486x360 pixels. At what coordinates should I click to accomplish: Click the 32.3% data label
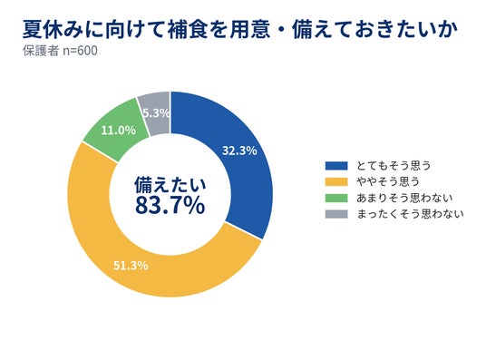[239, 151]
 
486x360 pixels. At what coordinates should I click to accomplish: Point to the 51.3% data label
[131, 266]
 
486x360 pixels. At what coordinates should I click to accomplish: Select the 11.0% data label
[119, 131]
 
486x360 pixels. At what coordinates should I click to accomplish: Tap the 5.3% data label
[157, 113]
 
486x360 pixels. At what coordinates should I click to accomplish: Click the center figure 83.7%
[170, 205]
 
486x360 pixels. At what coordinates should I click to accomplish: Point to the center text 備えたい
[170, 184]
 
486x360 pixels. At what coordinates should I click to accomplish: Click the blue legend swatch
[336, 166]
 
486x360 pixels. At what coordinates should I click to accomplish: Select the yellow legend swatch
[336, 181]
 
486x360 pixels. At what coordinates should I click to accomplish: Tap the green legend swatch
[336, 198]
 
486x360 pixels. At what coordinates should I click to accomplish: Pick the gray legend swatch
[336, 214]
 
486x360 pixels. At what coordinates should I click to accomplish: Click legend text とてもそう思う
[394, 166]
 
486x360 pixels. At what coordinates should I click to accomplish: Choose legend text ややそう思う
[388, 181]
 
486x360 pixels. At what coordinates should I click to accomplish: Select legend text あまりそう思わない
[404, 198]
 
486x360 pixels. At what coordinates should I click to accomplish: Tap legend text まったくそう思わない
[410, 214]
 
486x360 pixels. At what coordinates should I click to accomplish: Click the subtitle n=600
[80, 51]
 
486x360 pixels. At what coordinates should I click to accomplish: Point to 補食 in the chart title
[188, 30]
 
